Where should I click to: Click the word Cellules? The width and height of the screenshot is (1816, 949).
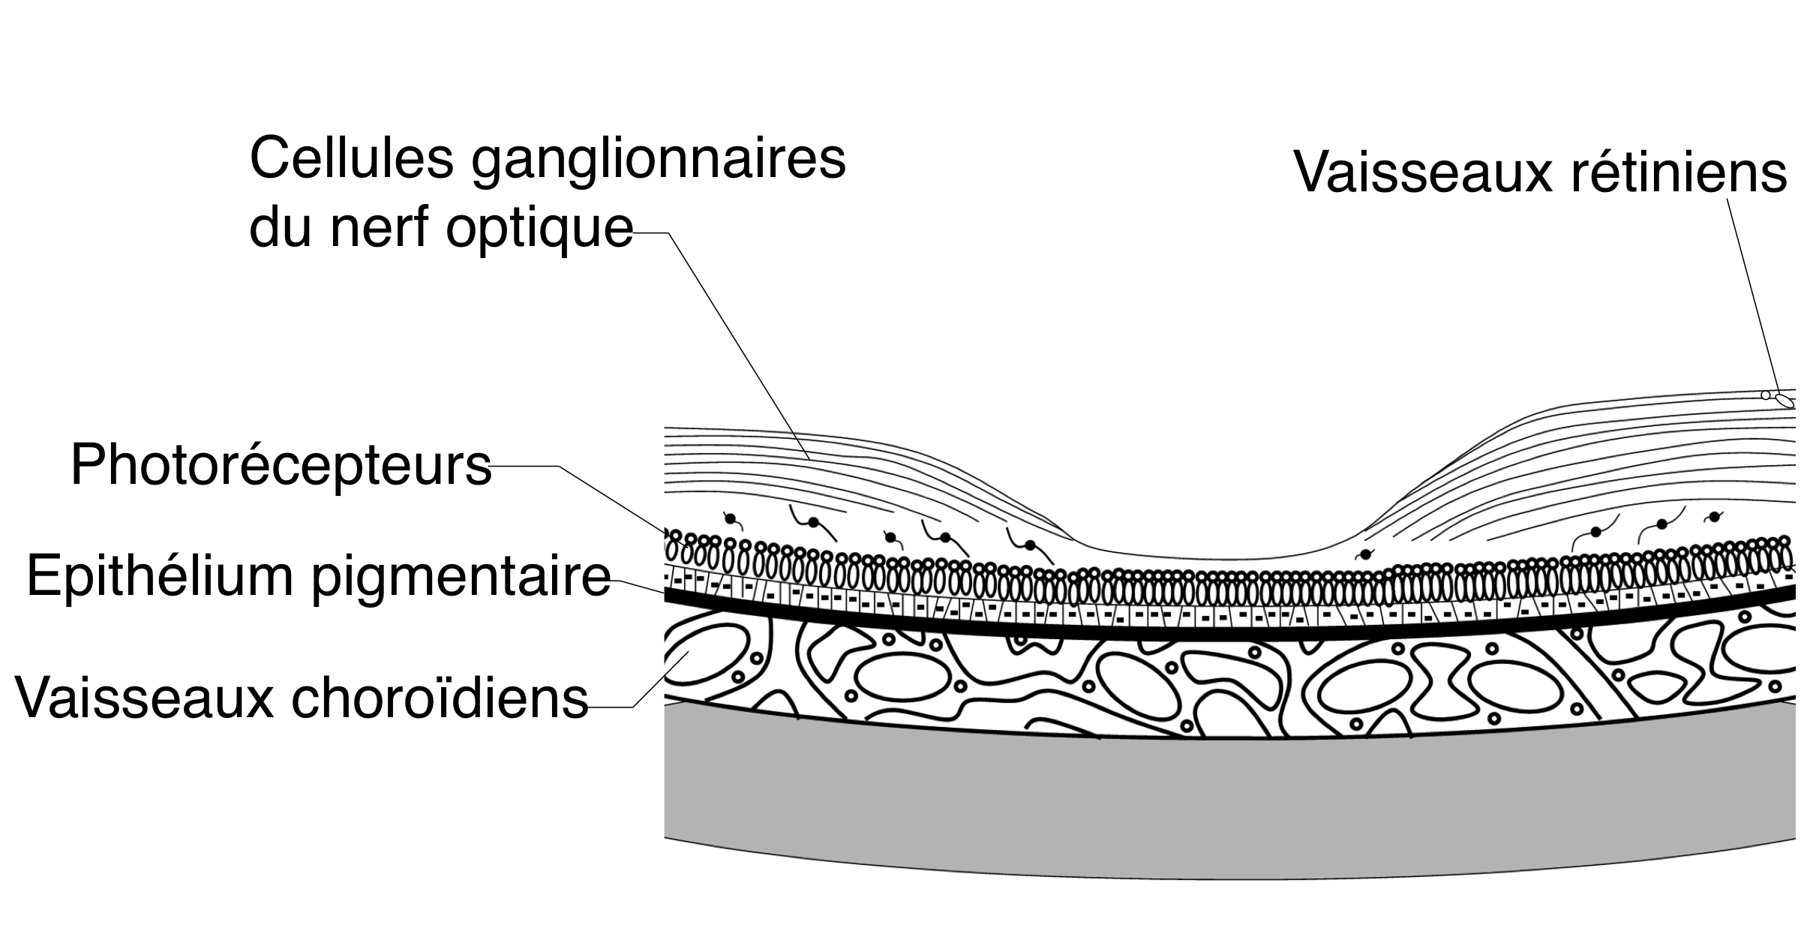(351, 158)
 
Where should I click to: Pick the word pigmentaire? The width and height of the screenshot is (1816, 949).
(461, 578)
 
